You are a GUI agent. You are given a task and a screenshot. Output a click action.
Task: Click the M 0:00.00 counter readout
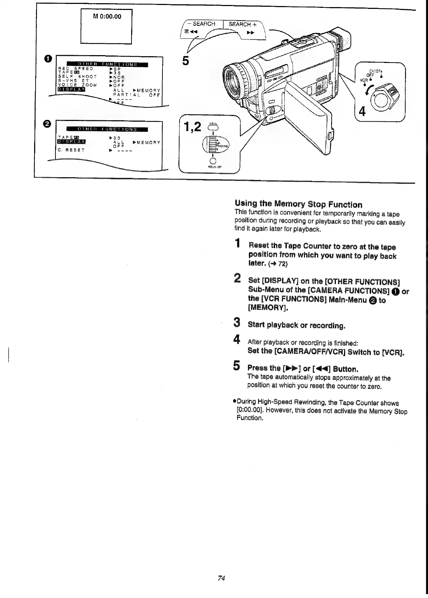click(107, 16)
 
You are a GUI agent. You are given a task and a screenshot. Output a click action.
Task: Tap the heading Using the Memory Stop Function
click(298, 204)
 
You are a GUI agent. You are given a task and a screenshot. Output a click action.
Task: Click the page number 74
click(221, 578)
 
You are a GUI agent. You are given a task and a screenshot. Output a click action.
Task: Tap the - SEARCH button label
click(203, 24)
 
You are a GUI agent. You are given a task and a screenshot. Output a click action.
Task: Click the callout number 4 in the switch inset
click(362, 112)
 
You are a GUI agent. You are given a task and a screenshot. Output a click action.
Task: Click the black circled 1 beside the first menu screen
click(48, 58)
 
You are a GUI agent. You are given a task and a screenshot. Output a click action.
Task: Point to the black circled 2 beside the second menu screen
click(48, 123)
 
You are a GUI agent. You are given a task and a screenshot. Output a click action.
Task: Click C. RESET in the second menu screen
click(71, 150)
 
